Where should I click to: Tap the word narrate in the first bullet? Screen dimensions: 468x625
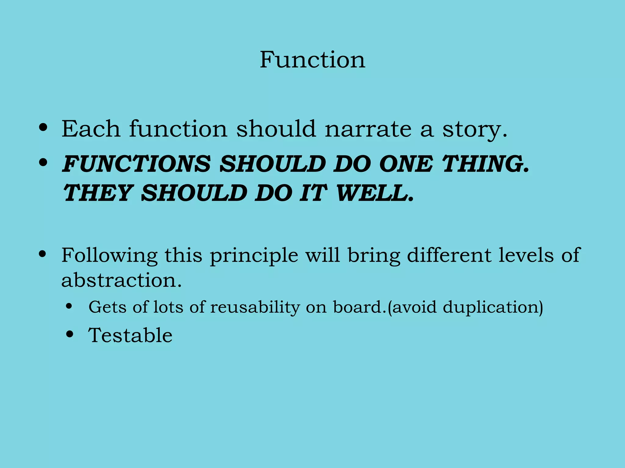pos(368,129)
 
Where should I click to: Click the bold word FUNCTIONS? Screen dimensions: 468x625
pos(136,164)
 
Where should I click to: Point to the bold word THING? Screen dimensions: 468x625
pos(485,164)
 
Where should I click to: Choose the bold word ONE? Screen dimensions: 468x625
pos(406,164)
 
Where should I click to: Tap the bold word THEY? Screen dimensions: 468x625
pos(97,193)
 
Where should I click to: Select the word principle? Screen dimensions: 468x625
pos(254,255)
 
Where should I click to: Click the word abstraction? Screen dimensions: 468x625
pos(121,280)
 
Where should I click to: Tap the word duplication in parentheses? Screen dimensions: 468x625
pos(491,307)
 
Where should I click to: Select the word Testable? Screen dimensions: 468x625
pos(130,335)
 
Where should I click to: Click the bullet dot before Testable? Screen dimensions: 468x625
pos(70,334)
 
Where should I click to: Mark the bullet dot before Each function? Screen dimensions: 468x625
pos(43,128)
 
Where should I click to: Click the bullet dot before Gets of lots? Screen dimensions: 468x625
pos(70,306)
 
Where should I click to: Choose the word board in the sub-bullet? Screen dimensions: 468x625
pos(357,307)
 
